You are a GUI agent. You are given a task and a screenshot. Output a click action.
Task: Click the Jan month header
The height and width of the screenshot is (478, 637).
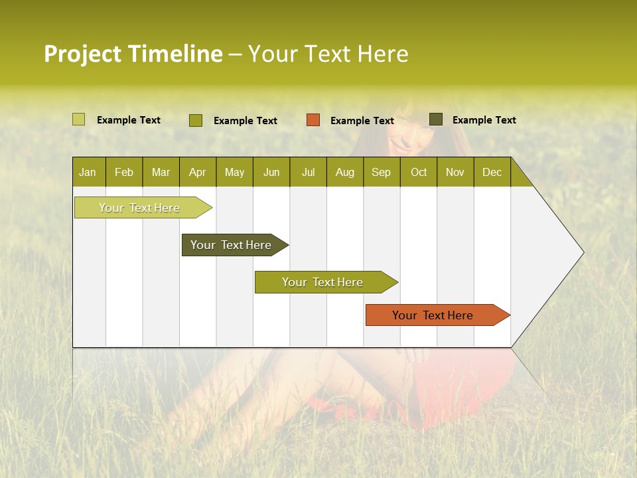(88, 172)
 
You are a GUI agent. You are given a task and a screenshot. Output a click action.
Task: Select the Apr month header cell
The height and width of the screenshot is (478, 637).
(198, 172)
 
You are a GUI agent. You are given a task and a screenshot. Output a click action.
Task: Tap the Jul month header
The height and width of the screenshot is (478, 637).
(308, 172)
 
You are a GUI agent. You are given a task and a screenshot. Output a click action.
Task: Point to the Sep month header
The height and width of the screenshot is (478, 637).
(382, 172)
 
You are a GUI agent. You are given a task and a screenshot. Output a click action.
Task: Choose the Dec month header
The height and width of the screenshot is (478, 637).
(492, 172)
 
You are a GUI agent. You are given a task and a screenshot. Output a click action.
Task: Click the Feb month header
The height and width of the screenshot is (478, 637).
(124, 172)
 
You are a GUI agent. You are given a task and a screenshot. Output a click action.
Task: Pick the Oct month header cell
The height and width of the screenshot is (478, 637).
(419, 172)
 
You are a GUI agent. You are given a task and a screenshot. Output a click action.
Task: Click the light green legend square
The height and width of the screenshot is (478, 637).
(79, 119)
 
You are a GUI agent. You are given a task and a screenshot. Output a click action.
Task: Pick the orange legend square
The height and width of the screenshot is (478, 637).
(313, 120)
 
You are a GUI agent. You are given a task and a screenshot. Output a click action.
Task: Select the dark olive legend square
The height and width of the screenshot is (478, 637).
(436, 119)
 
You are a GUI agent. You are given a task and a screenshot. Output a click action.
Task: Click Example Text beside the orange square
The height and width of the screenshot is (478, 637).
(362, 121)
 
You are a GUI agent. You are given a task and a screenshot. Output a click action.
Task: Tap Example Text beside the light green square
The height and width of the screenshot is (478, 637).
(129, 120)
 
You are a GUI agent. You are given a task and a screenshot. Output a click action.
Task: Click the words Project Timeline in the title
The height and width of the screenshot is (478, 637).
(133, 54)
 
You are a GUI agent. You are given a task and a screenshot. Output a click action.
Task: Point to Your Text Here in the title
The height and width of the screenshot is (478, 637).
(328, 54)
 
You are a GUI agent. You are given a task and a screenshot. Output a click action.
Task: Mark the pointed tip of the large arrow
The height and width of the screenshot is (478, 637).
(583, 252)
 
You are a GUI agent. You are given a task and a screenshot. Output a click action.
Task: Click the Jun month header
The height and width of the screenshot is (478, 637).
(271, 172)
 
